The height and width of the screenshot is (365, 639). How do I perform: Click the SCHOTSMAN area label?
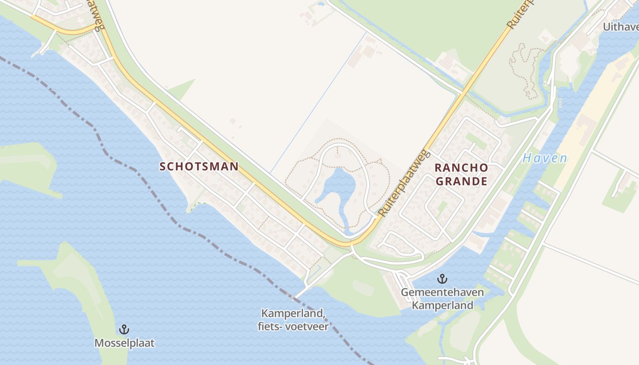click(x=199, y=167)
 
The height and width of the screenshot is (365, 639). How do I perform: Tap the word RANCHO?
click(x=461, y=168)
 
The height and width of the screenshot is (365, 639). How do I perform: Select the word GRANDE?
click(x=461, y=182)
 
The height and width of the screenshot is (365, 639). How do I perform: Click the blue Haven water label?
click(x=545, y=159)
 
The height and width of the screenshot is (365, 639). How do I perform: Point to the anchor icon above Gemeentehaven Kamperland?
click(x=442, y=278)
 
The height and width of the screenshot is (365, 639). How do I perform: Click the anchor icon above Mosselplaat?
click(x=124, y=329)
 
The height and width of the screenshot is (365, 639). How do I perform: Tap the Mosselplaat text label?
click(x=124, y=343)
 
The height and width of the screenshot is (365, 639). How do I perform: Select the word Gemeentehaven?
click(x=442, y=292)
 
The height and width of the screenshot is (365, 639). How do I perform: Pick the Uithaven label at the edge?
click(x=620, y=27)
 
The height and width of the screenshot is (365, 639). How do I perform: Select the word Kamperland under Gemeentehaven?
click(x=442, y=305)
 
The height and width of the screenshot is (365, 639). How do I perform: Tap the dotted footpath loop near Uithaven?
click(x=525, y=68)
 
